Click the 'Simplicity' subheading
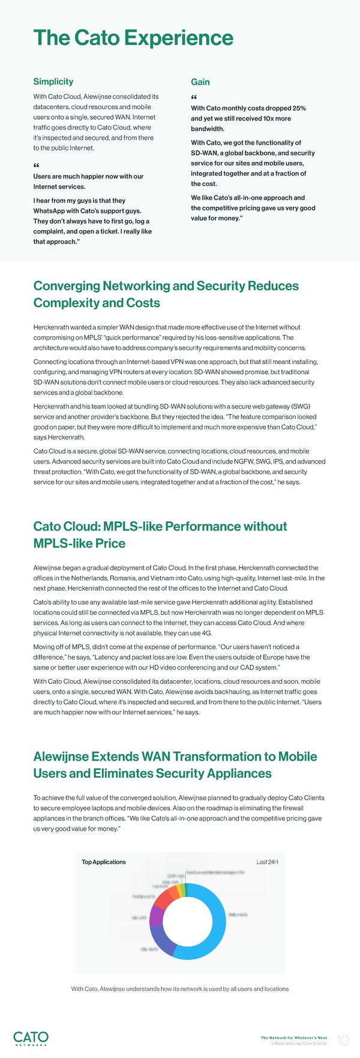tap(53, 82)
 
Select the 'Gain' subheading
tap(200, 82)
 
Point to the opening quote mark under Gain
tap(194, 98)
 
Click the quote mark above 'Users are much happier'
tap(36, 166)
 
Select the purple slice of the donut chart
tap(155, 916)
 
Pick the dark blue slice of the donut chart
tap(163, 941)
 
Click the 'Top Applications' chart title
tap(104, 862)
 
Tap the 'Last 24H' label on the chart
tap(267, 862)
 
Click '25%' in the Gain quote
tap(299, 108)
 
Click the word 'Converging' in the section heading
tap(67, 286)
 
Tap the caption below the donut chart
tap(180, 988)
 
